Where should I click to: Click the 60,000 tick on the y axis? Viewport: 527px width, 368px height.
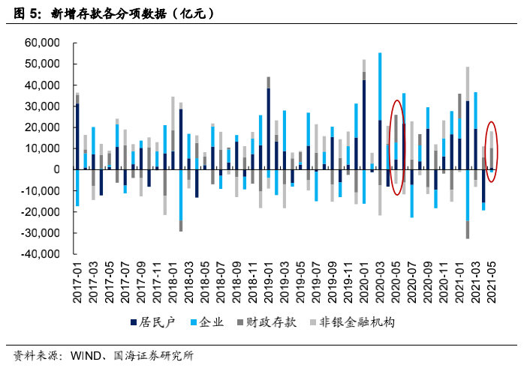point(42,43)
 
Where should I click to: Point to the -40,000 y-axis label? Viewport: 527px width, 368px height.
point(41,253)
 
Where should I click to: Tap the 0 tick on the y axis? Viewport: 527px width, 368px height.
point(56,169)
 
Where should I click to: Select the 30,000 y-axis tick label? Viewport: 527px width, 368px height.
point(42,106)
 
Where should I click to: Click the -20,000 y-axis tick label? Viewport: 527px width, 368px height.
point(41,211)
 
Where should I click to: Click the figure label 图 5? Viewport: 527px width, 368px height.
point(27,13)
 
